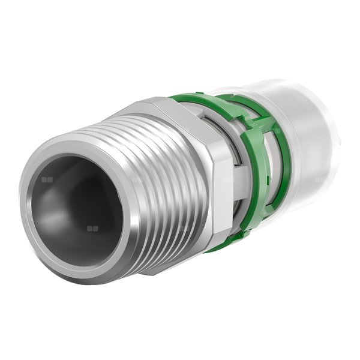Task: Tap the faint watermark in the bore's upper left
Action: (47, 179)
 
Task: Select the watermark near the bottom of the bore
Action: (92, 229)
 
